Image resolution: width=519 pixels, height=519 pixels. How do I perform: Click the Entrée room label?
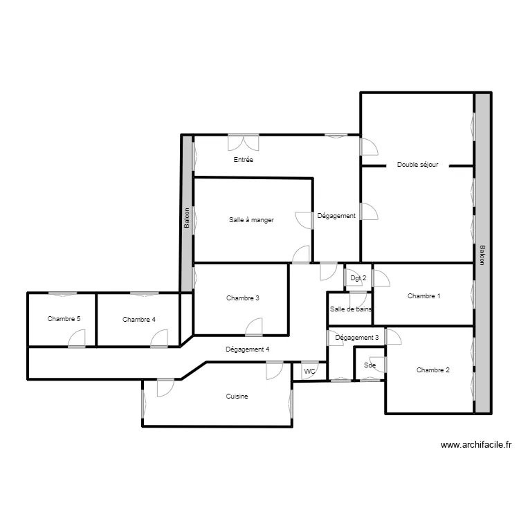click(243, 160)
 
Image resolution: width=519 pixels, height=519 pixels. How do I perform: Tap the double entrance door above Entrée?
click(243, 142)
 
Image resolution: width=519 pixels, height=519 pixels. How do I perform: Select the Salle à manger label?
click(251, 220)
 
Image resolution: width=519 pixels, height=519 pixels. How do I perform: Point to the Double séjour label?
click(417, 165)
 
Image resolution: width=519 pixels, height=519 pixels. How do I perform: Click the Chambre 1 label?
click(424, 296)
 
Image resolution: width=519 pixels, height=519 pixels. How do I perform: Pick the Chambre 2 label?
click(433, 370)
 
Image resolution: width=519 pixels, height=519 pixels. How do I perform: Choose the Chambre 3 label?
click(243, 298)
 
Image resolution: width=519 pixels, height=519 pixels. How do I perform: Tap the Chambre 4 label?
click(139, 320)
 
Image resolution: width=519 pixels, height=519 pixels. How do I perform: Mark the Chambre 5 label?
click(64, 319)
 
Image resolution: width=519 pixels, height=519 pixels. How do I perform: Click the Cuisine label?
click(237, 397)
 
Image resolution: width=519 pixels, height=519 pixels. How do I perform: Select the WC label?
click(310, 372)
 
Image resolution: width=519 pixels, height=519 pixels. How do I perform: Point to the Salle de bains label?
click(351, 309)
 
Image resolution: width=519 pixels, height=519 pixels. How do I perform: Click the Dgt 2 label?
click(358, 278)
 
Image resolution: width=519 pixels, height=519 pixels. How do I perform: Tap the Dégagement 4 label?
click(248, 349)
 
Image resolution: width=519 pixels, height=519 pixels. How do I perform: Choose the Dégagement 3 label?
click(356, 338)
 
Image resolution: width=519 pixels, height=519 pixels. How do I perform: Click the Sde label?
click(370, 365)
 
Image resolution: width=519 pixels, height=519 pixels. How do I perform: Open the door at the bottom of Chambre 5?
click(77, 338)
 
